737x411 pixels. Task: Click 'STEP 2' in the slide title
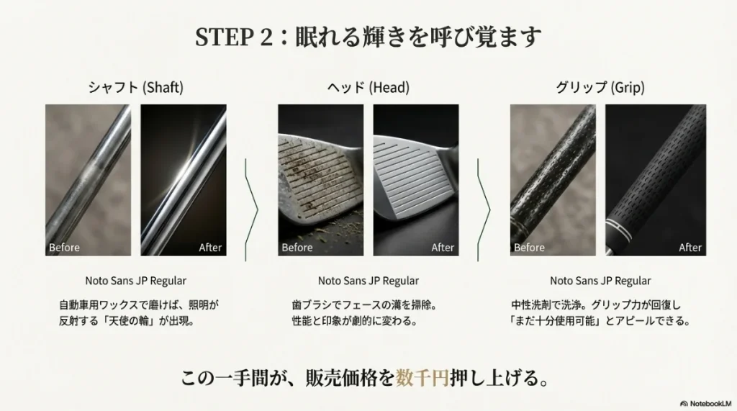[234, 37]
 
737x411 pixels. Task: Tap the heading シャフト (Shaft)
[136, 88]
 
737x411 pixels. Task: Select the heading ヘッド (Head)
[368, 88]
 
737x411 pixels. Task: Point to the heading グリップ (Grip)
[600, 88]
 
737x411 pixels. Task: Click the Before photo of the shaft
[88, 180]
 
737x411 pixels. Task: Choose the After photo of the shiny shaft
[184, 180]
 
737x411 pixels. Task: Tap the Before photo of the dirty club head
[320, 180]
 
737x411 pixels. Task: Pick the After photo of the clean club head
[416, 180]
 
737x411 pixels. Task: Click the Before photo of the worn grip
[553, 180]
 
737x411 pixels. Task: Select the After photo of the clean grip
[656, 180]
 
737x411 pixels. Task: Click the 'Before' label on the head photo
[297, 248]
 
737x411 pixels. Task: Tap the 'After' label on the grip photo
[690, 248]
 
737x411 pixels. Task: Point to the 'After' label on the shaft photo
[210, 248]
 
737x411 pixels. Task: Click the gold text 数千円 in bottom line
[422, 378]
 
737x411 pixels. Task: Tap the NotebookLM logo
[705, 404]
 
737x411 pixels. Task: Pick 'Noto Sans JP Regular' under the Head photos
[368, 281]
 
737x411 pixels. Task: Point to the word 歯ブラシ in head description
[311, 305]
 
